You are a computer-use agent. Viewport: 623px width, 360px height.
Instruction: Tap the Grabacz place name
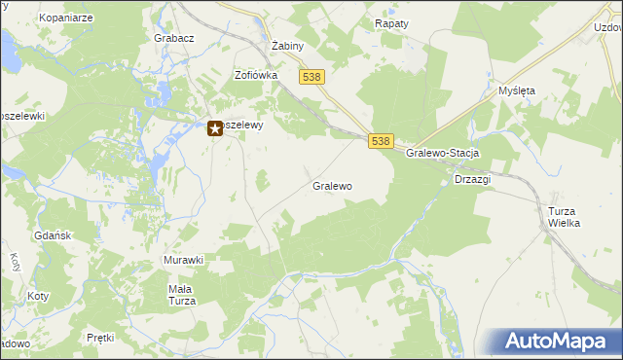click(x=174, y=38)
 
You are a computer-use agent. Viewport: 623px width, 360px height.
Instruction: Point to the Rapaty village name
click(x=392, y=22)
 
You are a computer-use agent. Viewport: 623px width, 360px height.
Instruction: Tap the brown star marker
click(x=216, y=126)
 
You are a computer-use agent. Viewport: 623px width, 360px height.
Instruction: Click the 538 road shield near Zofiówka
click(x=312, y=77)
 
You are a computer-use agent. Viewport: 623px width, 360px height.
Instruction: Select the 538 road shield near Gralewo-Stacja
click(x=381, y=141)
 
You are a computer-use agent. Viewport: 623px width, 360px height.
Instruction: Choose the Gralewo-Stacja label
click(x=444, y=154)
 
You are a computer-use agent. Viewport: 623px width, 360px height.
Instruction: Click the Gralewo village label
click(x=332, y=185)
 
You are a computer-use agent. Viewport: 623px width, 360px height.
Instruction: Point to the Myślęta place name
click(x=517, y=90)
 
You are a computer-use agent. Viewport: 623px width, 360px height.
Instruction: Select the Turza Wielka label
click(x=564, y=217)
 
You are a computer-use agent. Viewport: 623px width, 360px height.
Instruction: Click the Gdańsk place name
click(x=50, y=236)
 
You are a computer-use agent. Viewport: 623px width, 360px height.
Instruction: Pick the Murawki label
click(x=183, y=260)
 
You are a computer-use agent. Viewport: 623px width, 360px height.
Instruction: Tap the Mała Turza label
click(x=182, y=295)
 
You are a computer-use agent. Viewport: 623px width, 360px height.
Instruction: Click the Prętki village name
click(x=100, y=338)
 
